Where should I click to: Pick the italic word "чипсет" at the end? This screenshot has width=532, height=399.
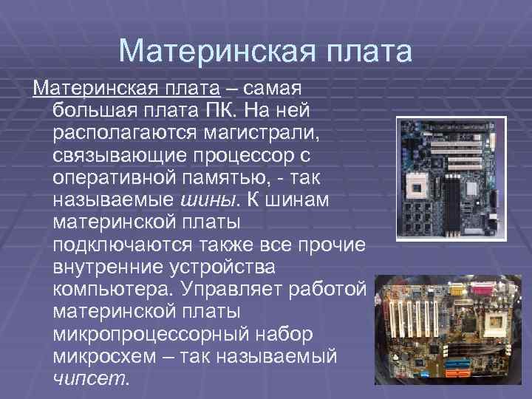pyautogui.click(x=89, y=378)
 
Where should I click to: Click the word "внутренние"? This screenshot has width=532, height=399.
pyautogui.click(x=106, y=264)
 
